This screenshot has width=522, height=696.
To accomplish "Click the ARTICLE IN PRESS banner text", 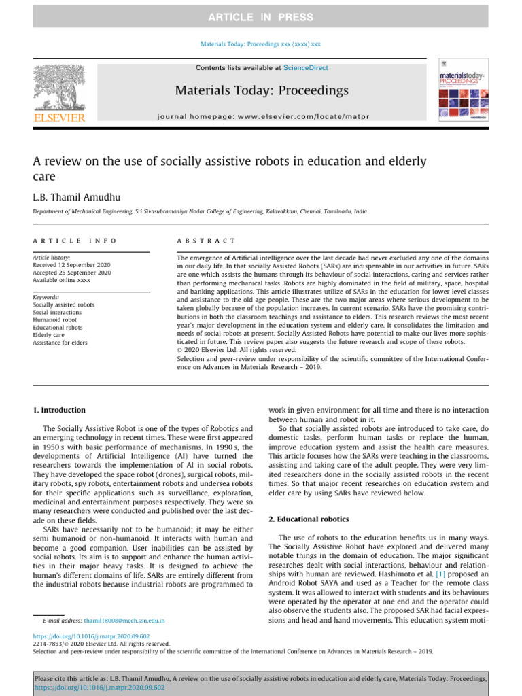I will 260,17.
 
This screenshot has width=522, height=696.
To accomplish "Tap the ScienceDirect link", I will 305,68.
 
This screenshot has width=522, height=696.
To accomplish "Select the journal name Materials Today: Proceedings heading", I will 262,90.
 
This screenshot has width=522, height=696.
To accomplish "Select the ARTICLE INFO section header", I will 75,241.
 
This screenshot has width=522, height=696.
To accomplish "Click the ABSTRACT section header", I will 206,241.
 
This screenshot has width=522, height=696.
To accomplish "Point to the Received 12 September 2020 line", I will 72,264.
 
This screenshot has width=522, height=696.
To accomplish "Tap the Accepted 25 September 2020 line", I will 72,272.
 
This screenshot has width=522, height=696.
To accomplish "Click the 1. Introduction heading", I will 60,411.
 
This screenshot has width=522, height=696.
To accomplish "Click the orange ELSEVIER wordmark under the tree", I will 59,118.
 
